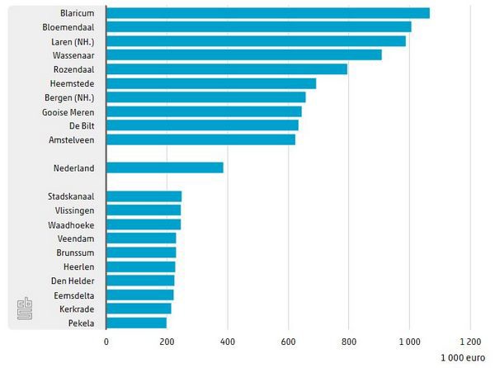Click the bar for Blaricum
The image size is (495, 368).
268,13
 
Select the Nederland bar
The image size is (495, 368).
165,167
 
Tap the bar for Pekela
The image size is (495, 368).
136,323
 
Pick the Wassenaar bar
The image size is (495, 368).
244,54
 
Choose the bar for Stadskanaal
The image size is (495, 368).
144,196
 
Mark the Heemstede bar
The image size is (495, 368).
211,83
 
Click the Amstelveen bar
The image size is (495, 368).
200,139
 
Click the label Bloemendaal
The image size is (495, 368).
68,27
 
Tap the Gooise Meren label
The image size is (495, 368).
68,111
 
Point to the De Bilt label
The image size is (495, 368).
79,125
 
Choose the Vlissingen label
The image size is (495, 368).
73,210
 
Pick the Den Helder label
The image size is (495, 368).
73,281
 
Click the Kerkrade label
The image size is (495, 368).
76,309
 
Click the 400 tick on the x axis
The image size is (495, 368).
228,341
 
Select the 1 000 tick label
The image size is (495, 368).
409,341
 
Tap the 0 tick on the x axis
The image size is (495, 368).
106,341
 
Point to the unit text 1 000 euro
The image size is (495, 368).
464,358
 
